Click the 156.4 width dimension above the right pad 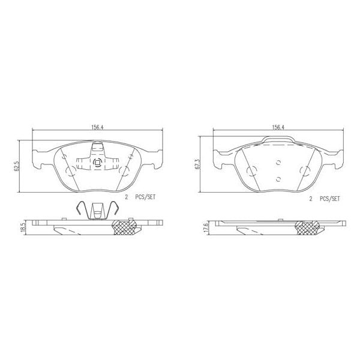point(278,127)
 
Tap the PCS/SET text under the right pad point(330,197)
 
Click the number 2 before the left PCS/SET point(127,197)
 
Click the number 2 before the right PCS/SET point(310,197)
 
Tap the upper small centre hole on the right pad point(278,161)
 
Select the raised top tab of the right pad point(278,140)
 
